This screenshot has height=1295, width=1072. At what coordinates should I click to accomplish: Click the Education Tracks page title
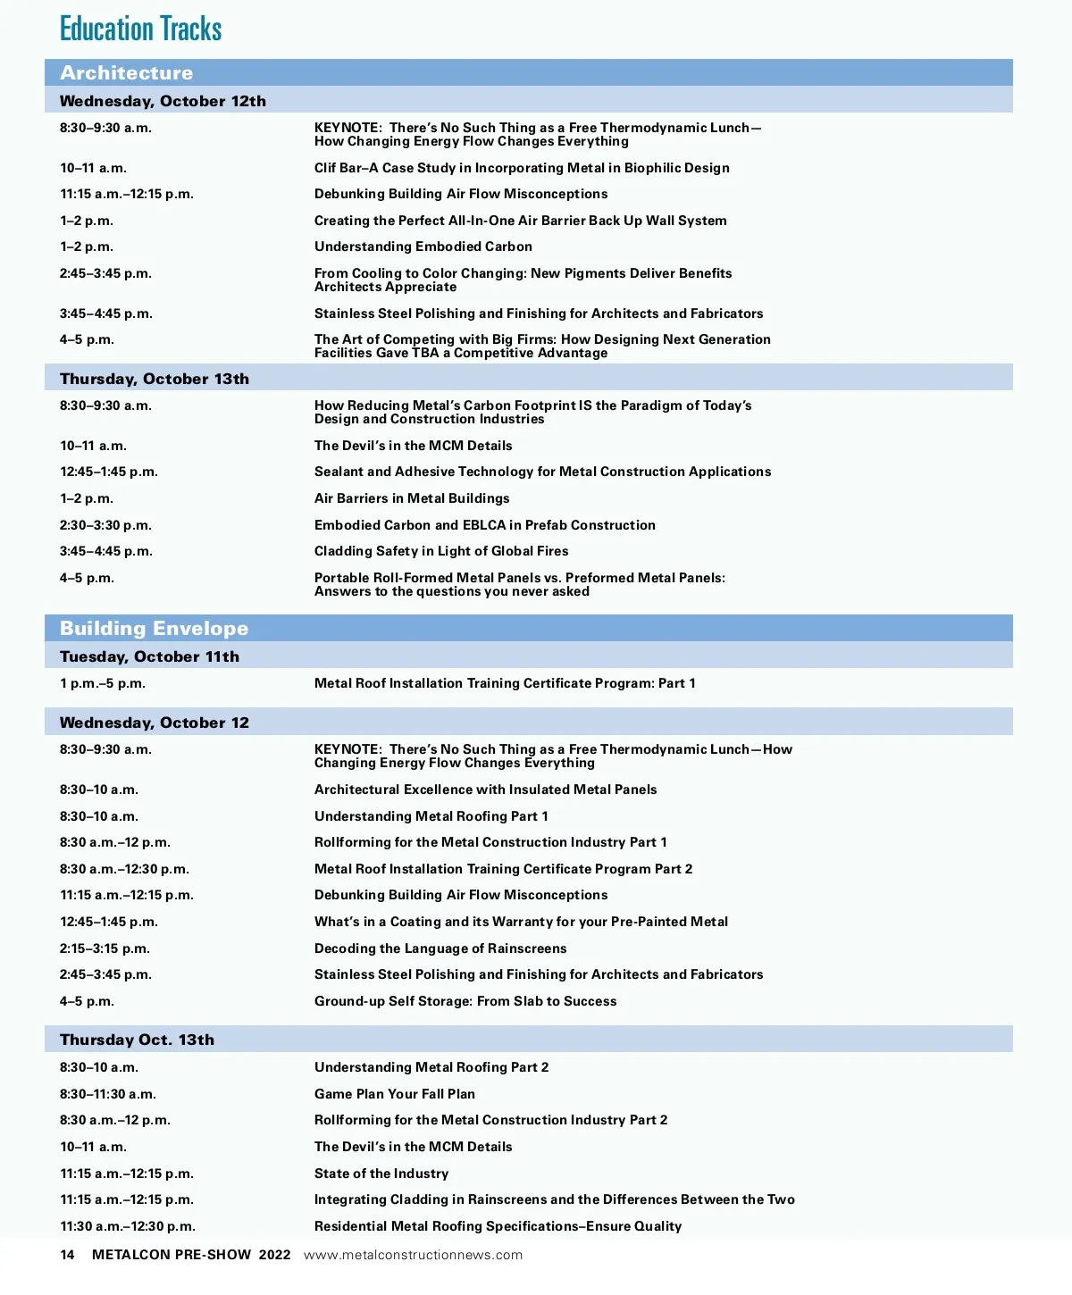(x=140, y=29)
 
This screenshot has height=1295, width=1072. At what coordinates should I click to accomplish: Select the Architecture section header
(x=127, y=73)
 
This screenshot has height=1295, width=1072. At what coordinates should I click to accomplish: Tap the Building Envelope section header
(x=154, y=629)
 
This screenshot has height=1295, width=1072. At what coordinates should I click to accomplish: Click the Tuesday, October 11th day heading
(x=149, y=656)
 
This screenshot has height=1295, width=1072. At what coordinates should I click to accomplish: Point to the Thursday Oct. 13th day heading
(x=137, y=1040)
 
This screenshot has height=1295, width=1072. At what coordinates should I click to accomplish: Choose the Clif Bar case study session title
(x=522, y=168)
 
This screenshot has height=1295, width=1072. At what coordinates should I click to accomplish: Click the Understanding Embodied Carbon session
(x=423, y=246)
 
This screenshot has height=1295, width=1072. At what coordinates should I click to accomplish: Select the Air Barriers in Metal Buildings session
(x=412, y=498)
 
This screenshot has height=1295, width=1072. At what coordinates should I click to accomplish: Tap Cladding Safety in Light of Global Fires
(x=441, y=551)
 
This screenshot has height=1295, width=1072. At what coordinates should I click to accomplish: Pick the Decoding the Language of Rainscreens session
(x=440, y=948)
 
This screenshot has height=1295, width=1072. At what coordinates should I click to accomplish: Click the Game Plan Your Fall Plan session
(x=394, y=1094)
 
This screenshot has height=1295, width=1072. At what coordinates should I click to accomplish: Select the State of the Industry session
(x=381, y=1174)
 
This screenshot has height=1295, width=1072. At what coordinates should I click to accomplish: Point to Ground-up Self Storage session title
(x=465, y=1001)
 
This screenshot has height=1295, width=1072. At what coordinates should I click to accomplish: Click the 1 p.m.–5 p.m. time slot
(x=103, y=683)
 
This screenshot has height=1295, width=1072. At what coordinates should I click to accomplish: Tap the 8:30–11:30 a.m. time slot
(x=108, y=1094)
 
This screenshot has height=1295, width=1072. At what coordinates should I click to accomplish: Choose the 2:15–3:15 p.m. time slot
(x=105, y=948)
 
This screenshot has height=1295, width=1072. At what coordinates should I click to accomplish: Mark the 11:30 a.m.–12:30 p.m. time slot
(x=128, y=1226)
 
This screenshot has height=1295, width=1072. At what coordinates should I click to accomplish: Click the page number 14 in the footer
(x=67, y=1255)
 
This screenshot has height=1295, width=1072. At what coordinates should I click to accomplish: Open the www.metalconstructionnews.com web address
(x=413, y=1255)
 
